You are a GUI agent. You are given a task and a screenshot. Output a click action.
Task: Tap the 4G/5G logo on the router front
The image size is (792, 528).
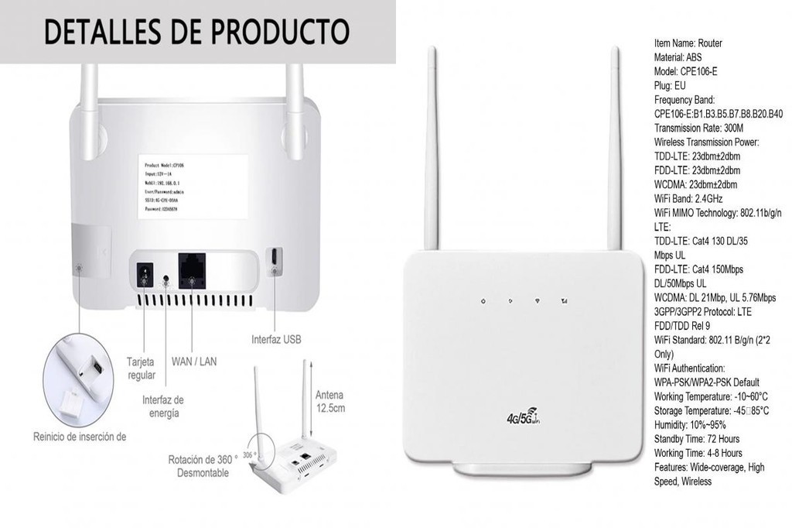pyautogui.click(x=524, y=417)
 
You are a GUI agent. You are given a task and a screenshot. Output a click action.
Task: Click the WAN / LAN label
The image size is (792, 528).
pyautogui.click(x=194, y=361)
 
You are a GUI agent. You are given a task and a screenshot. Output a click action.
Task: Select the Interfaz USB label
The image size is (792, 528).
pyautogui.click(x=276, y=339)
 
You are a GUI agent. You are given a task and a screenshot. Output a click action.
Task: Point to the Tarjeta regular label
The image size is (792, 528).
pyautogui.click(x=141, y=369)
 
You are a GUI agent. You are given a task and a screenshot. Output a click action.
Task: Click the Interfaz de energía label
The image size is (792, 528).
pyautogui.click(x=162, y=406)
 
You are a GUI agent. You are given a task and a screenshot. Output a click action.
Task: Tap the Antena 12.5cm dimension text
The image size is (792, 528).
pyautogui.click(x=329, y=401)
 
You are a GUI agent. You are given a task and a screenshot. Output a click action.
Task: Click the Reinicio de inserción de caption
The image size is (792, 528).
pyautogui.click(x=79, y=437)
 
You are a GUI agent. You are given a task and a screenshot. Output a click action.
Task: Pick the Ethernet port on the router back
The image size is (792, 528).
pyautogui.click(x=192, y=269)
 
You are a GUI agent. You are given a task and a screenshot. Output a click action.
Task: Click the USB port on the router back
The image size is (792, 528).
pyautogui.click(x=275, y=260)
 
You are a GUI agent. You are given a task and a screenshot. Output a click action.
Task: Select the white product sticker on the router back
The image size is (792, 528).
pyautogui.click(x=193, y=187)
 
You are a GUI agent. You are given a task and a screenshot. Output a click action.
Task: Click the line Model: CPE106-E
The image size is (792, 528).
pyautogui.click(x=685, y=71)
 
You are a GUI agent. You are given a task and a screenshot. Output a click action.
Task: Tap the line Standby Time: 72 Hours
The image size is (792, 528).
pyautogui.click(x=696, y=439)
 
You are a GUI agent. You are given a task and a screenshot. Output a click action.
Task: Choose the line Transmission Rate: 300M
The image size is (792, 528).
pyautogui.click(x=698, y=128)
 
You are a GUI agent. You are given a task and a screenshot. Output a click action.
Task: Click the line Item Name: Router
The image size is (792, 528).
pyautogui.click(x=688, y=43)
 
